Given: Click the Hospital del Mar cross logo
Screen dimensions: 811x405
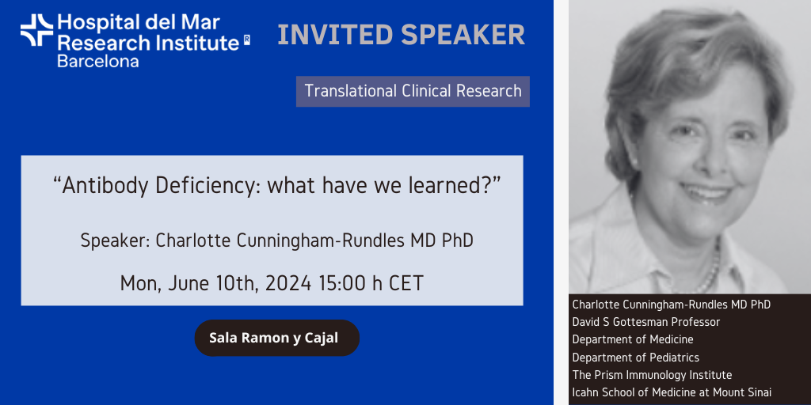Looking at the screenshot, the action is pos(36,30).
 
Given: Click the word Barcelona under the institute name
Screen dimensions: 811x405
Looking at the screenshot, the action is pos(97,61).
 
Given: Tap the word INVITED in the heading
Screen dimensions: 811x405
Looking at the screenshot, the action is pos(336,35).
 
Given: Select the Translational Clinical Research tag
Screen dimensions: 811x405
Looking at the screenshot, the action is pos(413,92).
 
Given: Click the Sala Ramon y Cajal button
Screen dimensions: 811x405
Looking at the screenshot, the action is pos(276,338).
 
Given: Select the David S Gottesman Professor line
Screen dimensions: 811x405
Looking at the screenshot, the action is pos(646,322).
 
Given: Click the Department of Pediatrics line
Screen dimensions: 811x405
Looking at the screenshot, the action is pos(636,357).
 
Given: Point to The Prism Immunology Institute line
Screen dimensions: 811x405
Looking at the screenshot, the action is pos(652,374).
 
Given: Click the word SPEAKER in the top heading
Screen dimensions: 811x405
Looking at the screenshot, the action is pos(463,35).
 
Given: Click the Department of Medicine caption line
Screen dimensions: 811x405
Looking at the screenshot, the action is pos(633,339).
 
